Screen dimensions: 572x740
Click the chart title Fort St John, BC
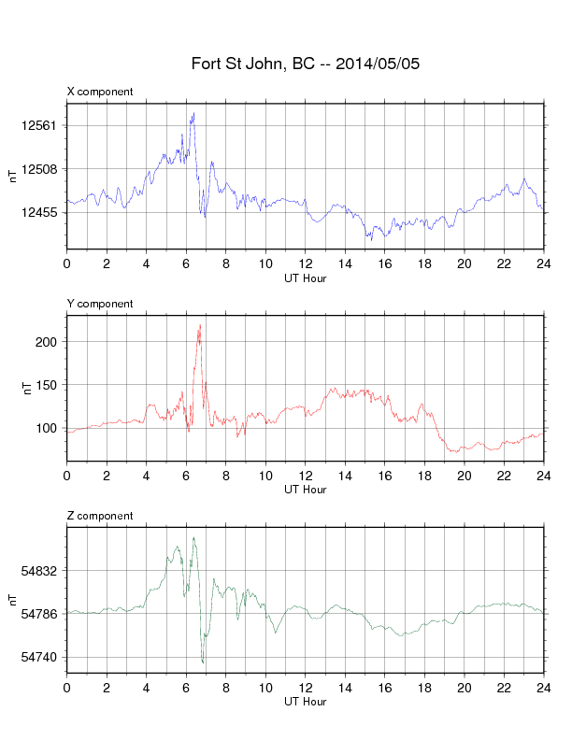[x=252, y=64]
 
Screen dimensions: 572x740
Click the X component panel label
[x=100, y=92]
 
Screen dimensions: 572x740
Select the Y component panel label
[x=100, y=304]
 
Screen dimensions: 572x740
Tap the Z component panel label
[x=100, y=516]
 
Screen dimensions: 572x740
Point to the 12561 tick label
[x=38, y=125]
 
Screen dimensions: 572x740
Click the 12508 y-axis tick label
[x=38, y=169]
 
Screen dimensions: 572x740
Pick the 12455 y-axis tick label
[x=38, y=212]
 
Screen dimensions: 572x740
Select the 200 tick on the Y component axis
[x=46, y=342]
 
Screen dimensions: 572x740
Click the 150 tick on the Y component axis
[x=46, y=385]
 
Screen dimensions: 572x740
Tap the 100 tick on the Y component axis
[x=46, y=429]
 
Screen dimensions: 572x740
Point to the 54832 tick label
[x=38, y=571]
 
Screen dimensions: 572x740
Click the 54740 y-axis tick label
[x=38, y=658]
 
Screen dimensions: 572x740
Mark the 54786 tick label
[x=38, y=614]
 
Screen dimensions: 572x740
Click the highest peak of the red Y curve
[x=200, y=325]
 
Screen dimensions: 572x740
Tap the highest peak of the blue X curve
[x=193, y=113]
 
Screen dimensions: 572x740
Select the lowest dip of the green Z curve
[x=203, y=662]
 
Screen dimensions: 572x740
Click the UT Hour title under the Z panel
[x=306, y=702]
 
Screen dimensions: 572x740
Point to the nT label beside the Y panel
[x=27, y=388]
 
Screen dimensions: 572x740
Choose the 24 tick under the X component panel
[x=544, y=263]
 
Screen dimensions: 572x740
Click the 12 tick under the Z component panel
[x=306, y=688]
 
